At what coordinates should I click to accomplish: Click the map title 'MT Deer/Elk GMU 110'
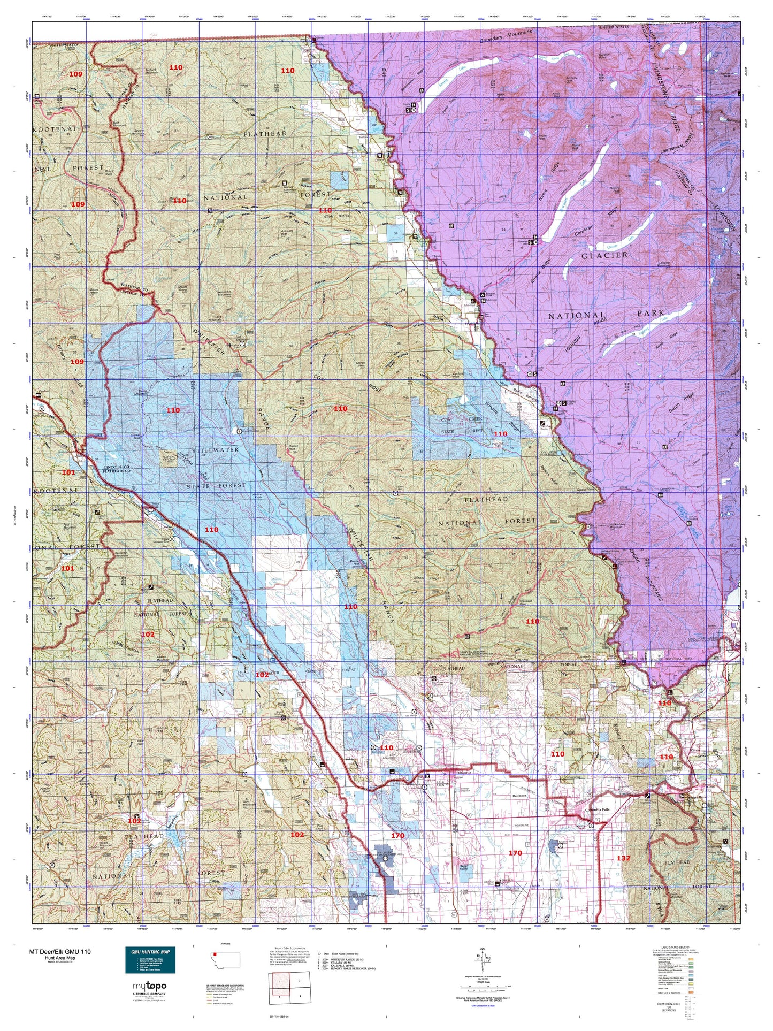(x=60, y=952)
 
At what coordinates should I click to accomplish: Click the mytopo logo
(x=149, y=986)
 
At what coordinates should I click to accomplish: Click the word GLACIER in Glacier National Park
(x=604, y=255)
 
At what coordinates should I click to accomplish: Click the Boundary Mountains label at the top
(x=506, y=39)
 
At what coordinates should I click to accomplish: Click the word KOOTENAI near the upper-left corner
(x=57, y=129)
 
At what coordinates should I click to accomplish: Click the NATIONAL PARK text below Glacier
(x=606, y=315)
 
